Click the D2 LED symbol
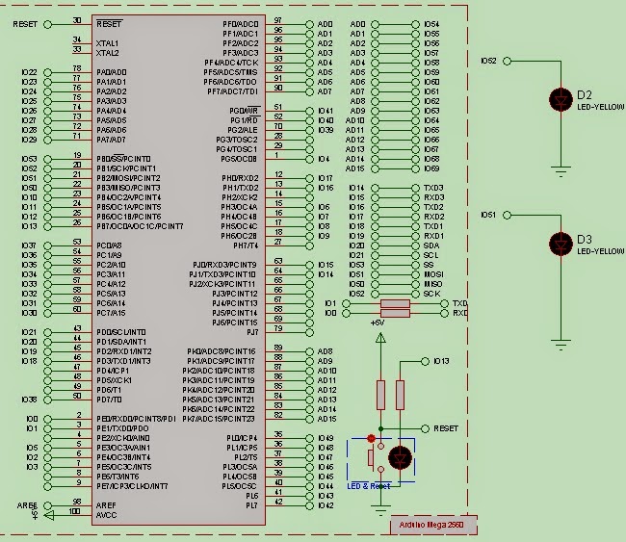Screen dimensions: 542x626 tap(561, 97)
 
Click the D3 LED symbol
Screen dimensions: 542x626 tap(561, 243)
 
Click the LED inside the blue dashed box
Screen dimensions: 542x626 tap(401, 459)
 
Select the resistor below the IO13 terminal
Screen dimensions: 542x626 tap(401, 394)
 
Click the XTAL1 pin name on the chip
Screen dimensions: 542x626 tap(107, 43)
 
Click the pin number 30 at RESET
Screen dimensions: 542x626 tap(76, 20)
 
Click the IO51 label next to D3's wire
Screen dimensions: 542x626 tap(487, 214)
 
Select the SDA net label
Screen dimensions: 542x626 tap(430, 245)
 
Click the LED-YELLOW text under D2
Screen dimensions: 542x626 tap(600, 106)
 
